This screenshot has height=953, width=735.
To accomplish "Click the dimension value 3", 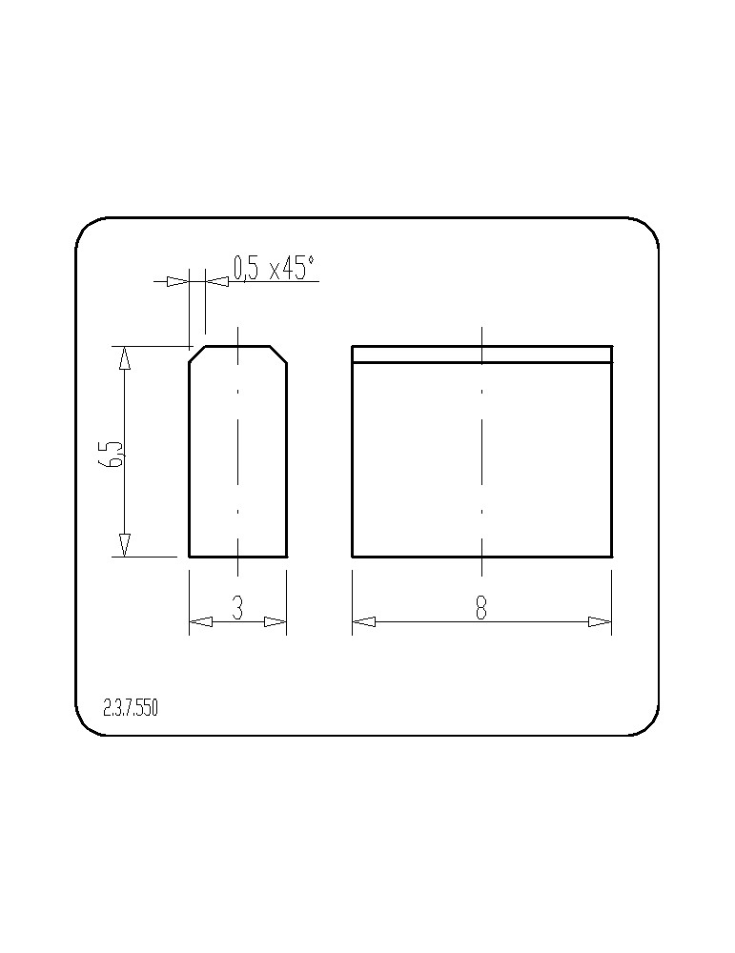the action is coord(237,607).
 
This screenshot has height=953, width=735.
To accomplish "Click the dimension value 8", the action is coord(480,607).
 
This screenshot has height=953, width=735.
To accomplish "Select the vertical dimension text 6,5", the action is coord(113,454).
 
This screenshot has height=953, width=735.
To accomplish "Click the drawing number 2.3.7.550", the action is coord(131,707).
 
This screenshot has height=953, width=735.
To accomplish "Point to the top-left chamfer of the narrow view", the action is coord(197,355).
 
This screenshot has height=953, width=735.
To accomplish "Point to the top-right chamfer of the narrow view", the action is coord(278,355).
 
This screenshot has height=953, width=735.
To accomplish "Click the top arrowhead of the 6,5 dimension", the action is coord(124,358).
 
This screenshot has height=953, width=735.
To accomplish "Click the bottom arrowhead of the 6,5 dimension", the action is coord(124,545).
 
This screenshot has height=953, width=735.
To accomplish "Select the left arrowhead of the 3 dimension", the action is coord(200,621).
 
